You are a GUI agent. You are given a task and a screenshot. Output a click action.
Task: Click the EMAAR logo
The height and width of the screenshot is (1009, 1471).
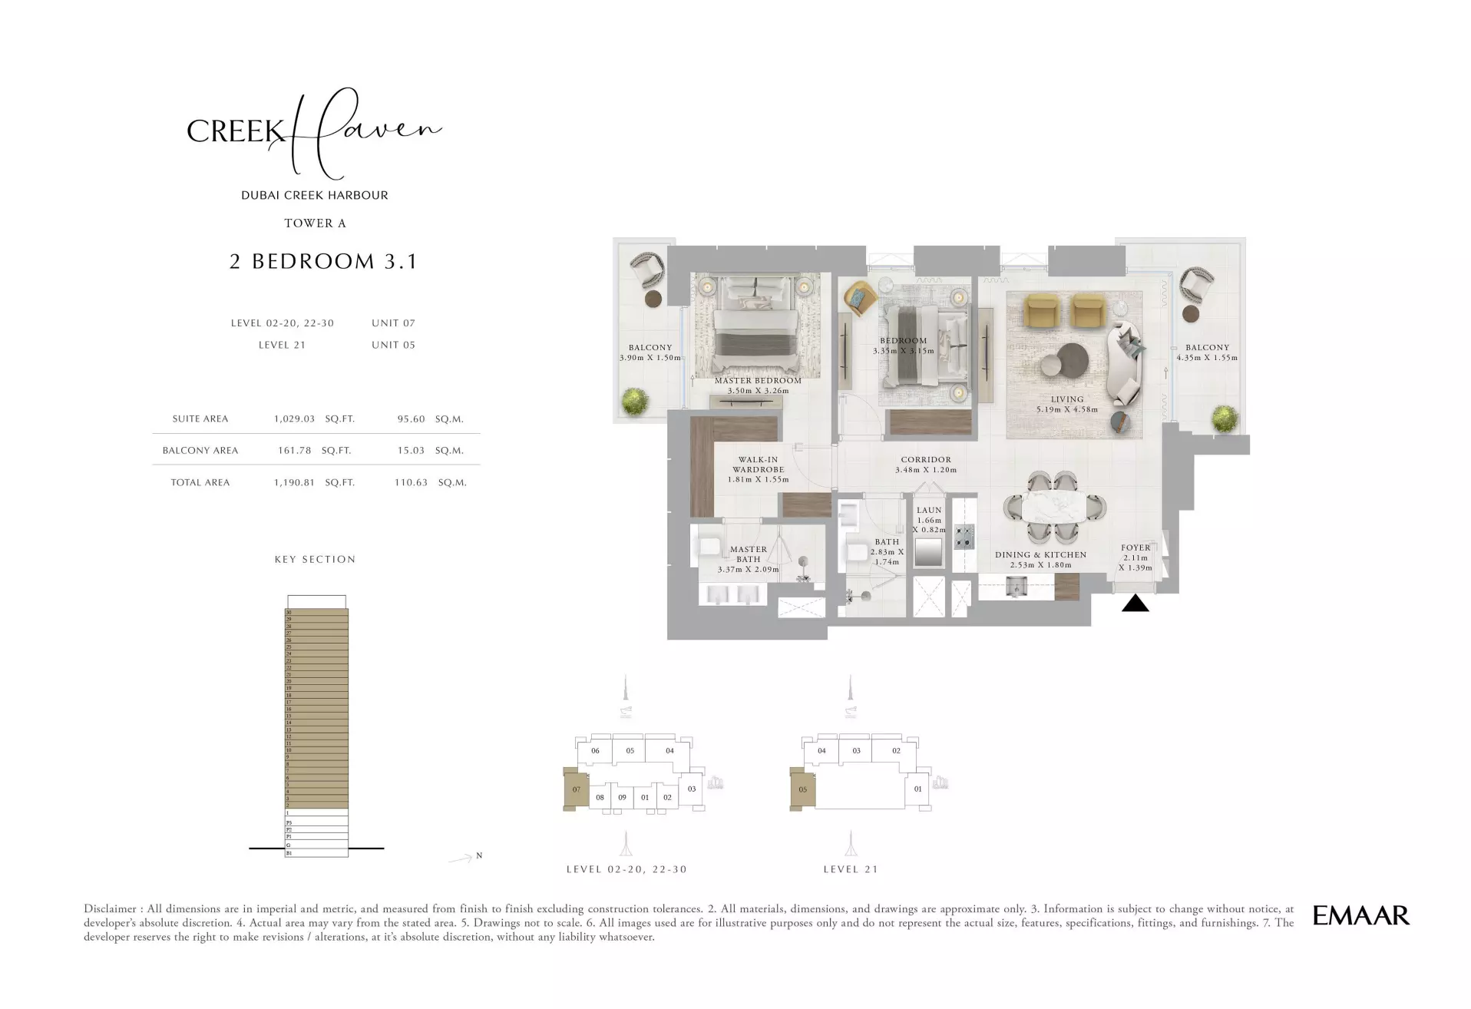1360,915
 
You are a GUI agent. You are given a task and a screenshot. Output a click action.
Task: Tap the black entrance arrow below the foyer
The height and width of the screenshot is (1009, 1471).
1135,604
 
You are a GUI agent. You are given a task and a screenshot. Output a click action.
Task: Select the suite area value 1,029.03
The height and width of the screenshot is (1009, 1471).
294,419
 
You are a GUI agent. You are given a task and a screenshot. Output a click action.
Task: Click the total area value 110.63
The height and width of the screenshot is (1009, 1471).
411,483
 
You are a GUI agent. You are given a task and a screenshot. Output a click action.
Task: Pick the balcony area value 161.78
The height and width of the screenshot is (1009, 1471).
294,451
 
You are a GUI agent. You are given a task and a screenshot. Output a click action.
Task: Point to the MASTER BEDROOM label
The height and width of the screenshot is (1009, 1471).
758,381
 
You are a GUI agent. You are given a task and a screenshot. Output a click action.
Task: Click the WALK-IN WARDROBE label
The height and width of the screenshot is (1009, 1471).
758,465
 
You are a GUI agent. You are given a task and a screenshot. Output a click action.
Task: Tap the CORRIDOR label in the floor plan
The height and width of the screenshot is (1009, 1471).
926,460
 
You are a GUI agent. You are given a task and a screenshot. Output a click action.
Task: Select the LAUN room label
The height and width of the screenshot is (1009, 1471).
929,510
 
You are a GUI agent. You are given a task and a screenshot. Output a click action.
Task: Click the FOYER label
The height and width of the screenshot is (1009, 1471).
1135,548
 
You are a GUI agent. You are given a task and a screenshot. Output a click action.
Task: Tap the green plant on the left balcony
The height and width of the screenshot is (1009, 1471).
636,402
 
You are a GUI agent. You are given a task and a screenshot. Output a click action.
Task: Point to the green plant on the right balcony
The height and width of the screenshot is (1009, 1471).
1225,419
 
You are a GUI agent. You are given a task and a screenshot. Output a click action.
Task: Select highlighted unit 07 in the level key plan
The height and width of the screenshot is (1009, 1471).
575,789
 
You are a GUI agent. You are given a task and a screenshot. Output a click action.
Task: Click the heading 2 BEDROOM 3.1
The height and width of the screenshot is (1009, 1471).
322,262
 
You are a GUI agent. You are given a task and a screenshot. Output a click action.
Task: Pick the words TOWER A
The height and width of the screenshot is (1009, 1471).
315,223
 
